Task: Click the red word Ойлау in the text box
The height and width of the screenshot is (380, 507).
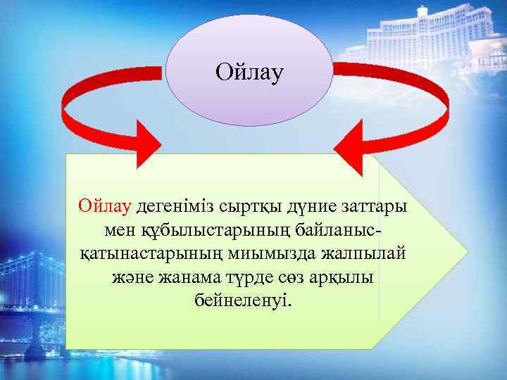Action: [105, 207]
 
